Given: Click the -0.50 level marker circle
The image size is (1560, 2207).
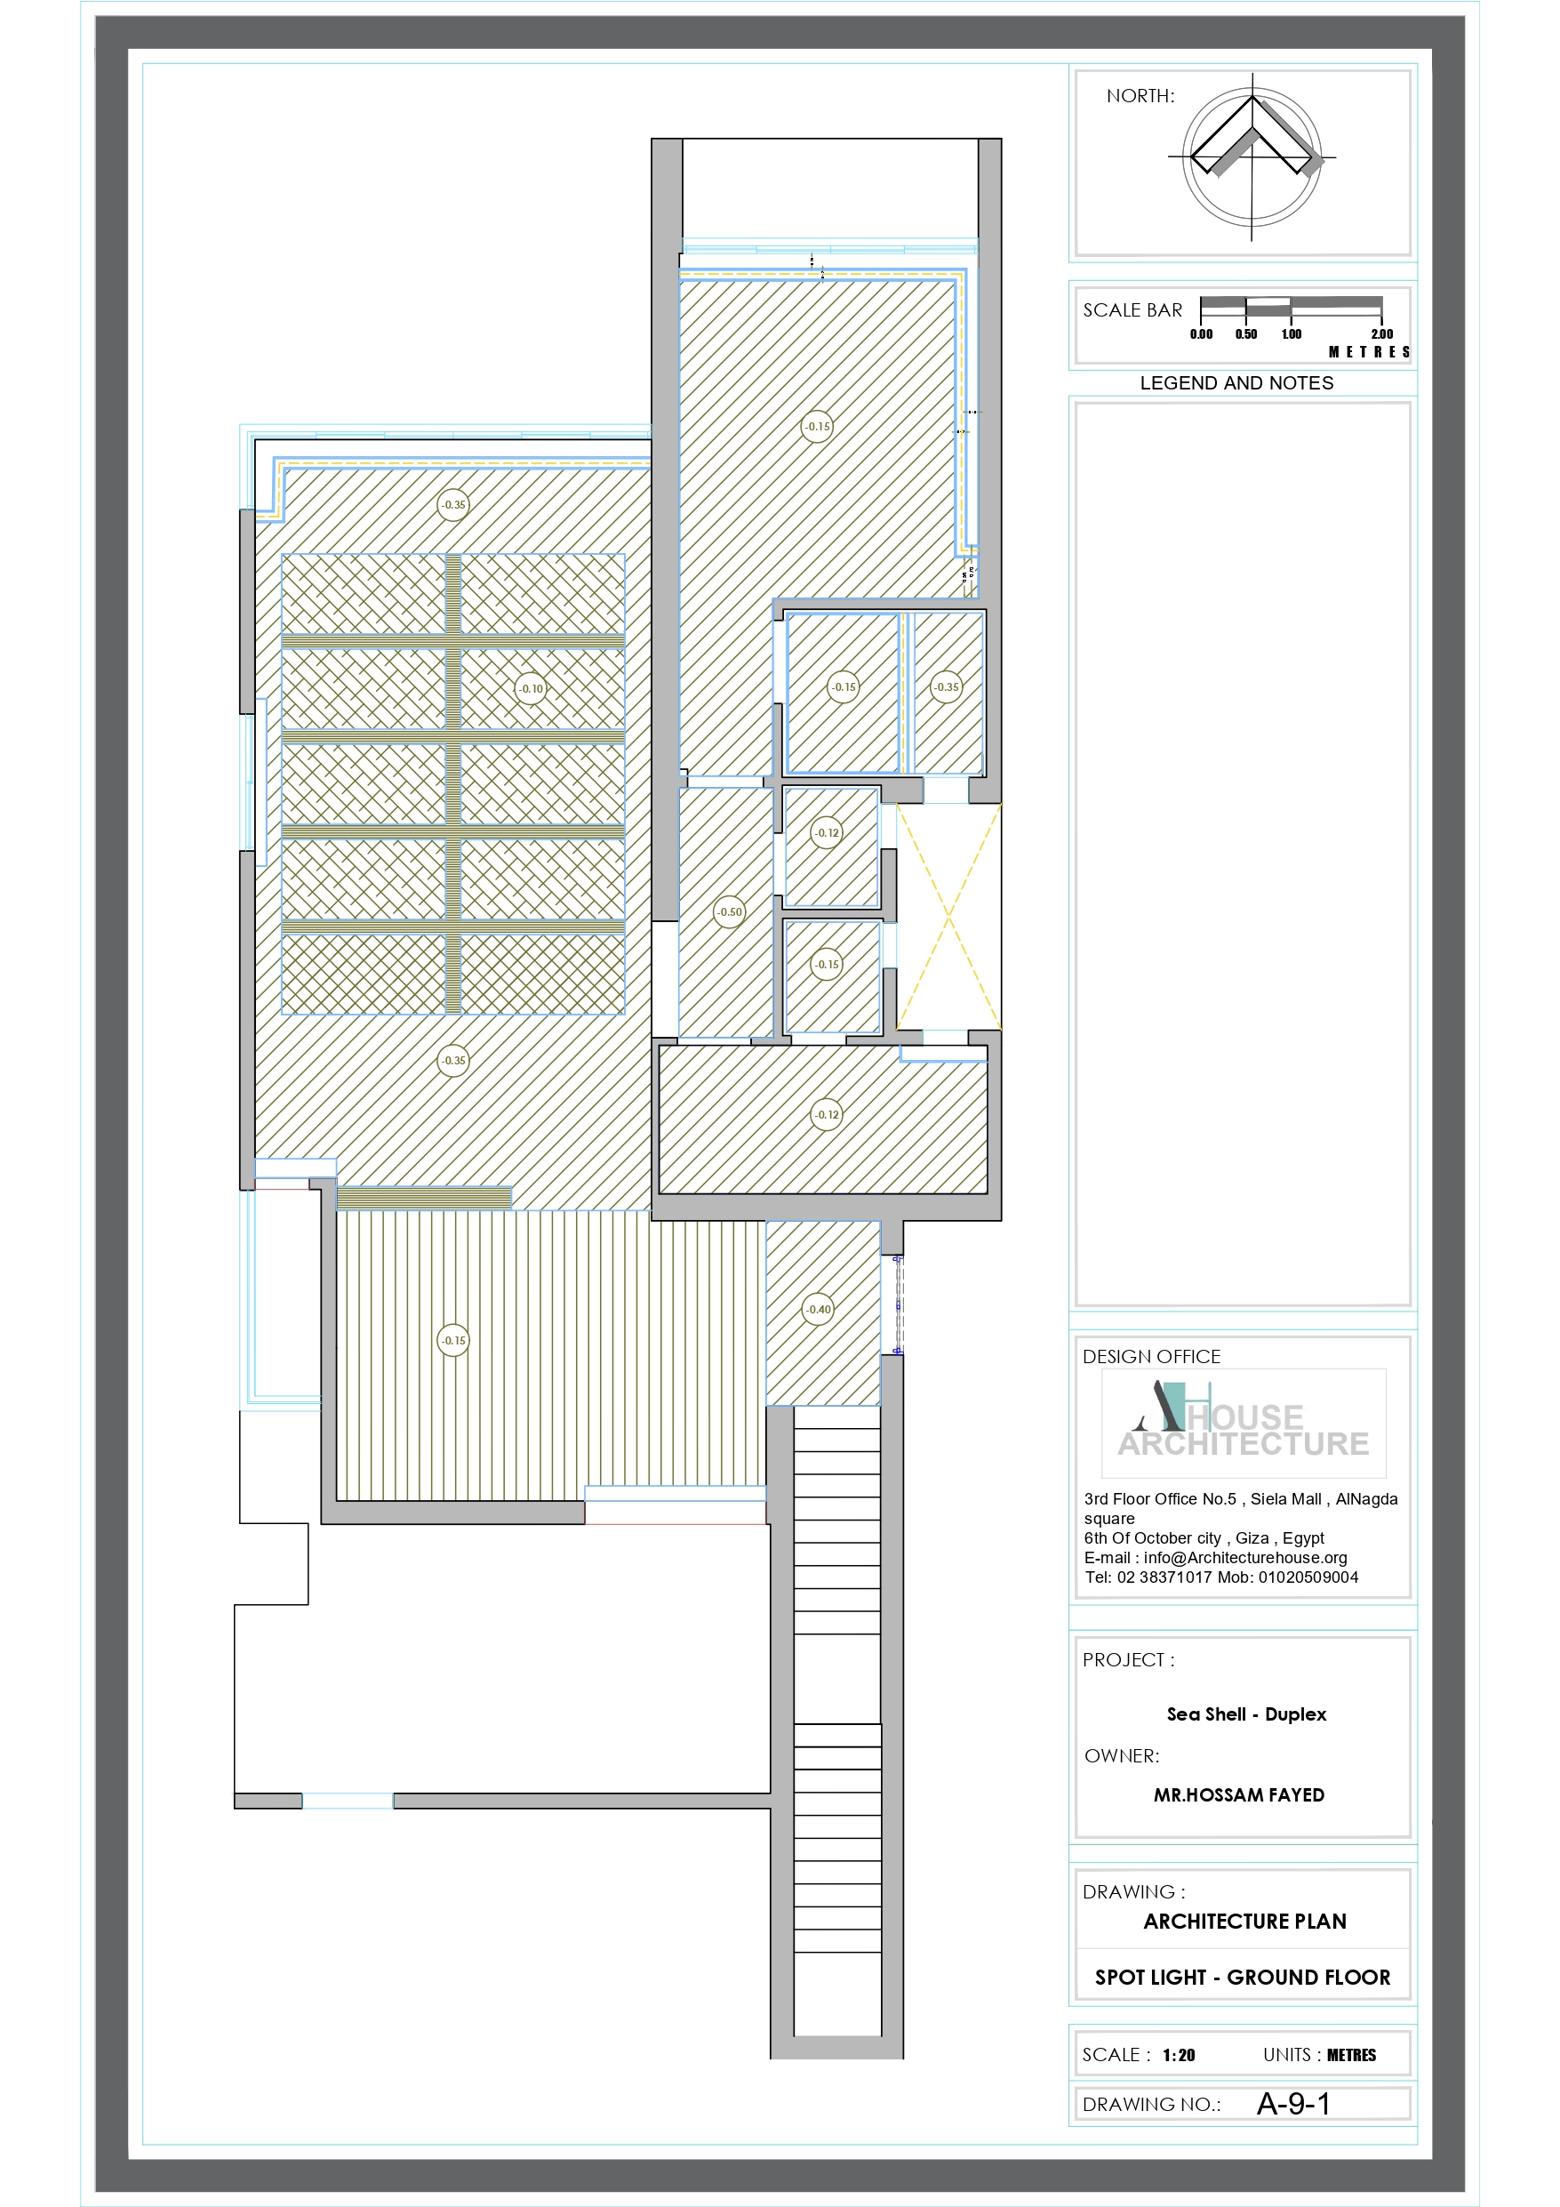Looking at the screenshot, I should (730, 911).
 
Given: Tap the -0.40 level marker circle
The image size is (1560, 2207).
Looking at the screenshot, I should (818, 1308).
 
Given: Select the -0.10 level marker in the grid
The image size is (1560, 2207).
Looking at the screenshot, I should (531, 688).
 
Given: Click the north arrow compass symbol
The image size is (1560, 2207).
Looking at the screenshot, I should (1252, 156).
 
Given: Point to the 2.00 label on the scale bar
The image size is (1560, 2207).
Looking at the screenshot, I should (1381, 333).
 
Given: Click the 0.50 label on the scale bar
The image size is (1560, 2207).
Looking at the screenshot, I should (1245, 333).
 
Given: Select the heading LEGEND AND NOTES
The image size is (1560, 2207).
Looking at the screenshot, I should (1236, 382).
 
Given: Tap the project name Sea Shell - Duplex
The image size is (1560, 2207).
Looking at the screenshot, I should (1245, 1713).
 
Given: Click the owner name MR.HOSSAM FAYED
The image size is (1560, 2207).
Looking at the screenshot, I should (1238, 1794).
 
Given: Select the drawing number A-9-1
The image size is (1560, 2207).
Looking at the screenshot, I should (1292, 2104).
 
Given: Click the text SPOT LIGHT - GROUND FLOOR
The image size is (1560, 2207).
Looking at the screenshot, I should (1242, 1978).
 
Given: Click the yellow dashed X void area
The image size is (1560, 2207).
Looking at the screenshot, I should (948, 916).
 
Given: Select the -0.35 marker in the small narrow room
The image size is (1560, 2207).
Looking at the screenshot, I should (946, 686).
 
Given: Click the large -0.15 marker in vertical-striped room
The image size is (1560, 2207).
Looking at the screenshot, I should (453, 1340).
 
